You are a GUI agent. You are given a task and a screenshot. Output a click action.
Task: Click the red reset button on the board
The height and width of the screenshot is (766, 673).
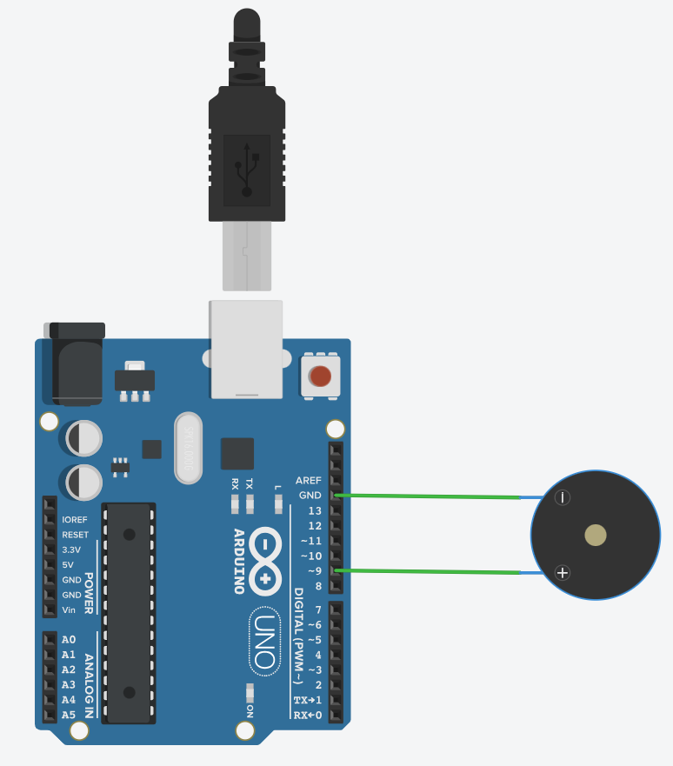point(321,376)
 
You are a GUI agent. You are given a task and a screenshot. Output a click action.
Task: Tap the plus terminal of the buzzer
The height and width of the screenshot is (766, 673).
point(563,572)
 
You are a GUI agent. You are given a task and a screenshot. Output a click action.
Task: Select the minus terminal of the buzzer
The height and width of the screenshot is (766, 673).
point(563,497)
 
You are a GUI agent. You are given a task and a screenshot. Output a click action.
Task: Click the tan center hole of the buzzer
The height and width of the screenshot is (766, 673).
point(596,535)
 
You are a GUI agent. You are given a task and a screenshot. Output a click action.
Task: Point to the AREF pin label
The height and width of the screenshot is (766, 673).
point(309,480)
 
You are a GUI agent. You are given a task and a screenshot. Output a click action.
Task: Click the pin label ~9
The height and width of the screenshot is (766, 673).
point(311,571)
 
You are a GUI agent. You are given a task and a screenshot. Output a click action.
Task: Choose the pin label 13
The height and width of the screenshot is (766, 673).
point(315,510)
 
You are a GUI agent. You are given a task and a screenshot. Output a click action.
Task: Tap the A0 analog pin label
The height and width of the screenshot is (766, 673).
point(69,639)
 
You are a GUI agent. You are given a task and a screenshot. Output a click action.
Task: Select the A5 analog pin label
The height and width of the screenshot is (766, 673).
point(69,715)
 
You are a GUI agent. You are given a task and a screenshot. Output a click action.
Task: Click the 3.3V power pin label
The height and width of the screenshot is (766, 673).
point(71,550)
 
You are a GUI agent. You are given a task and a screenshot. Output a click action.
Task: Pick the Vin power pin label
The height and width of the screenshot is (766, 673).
point(70,609)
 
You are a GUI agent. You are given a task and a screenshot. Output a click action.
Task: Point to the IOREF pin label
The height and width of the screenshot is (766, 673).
point(75,519)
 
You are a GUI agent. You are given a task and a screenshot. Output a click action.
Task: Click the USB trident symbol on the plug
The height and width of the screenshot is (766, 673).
point(247,169)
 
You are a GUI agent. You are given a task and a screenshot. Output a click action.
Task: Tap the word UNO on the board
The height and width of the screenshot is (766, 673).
point(264,641)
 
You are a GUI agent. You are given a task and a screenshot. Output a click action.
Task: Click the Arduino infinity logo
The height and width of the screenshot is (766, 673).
point(264,559)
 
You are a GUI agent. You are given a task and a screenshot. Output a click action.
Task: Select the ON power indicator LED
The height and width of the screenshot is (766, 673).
point(250,693)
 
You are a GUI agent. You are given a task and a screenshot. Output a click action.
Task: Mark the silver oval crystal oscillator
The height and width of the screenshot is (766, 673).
point(189,447)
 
